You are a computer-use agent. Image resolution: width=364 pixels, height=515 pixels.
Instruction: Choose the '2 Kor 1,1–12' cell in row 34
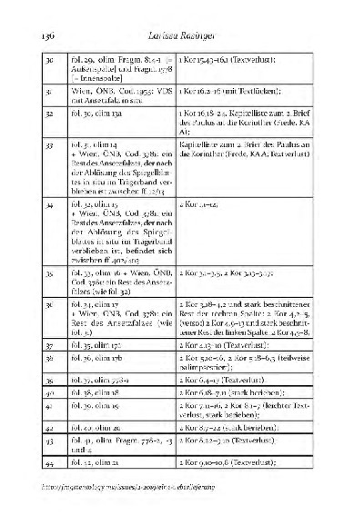[x=248, y=207]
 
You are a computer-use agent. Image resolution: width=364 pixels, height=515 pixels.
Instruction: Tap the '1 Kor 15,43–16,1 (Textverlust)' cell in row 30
[x=248, y=58]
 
